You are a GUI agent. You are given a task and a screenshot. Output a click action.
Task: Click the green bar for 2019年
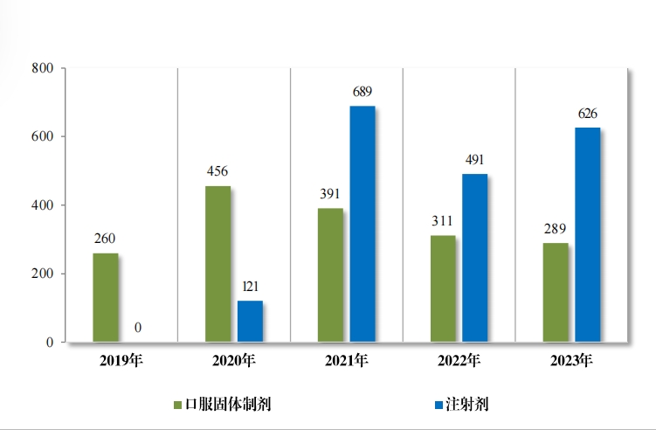pyautogui.click(x=106, y=297)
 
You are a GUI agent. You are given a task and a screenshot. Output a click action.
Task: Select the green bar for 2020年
pyautogui.click(x=218, y=264)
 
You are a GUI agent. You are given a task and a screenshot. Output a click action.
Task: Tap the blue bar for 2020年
pyautogui.click(x=250, y=321)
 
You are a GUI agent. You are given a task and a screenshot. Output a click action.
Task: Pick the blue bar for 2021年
pyautogui.click(x=363, y=224)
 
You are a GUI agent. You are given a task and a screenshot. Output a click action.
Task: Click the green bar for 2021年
pyautogui.click(x=330, y=274)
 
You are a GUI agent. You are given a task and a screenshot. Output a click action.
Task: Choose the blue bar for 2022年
pyautogui.click(x=475, y=258)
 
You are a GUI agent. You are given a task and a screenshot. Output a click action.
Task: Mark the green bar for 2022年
pyautogui.click(x=443, y=288)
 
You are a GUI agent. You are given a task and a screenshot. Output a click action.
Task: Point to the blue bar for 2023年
pyautogui.click(x=587, y=234)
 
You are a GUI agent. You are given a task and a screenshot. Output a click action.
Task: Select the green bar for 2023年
pyautogui.click(x=556, y=292)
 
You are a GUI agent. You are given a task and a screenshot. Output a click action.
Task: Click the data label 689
pyautogui.click(x=363, y=92)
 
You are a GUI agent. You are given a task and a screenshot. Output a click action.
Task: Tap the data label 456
pyautogui.click(x=218, y=171)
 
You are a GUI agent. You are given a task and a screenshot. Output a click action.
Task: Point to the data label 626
pyautogui.click(x=587, y=114)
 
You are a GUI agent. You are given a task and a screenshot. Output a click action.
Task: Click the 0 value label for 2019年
pyautogui.click(x=138, y=328)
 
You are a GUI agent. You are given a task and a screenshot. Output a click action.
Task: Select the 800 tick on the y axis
pyautogui.click(x=42, y=68)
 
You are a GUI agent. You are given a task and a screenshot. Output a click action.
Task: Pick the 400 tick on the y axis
pyautogui.click(x=42, y=205)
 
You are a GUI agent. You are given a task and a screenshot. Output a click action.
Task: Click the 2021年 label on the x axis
pyautogui.click(x=346, y=360)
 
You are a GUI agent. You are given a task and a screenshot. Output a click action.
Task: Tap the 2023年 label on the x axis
pyautogui.click(x=571, y=360)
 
